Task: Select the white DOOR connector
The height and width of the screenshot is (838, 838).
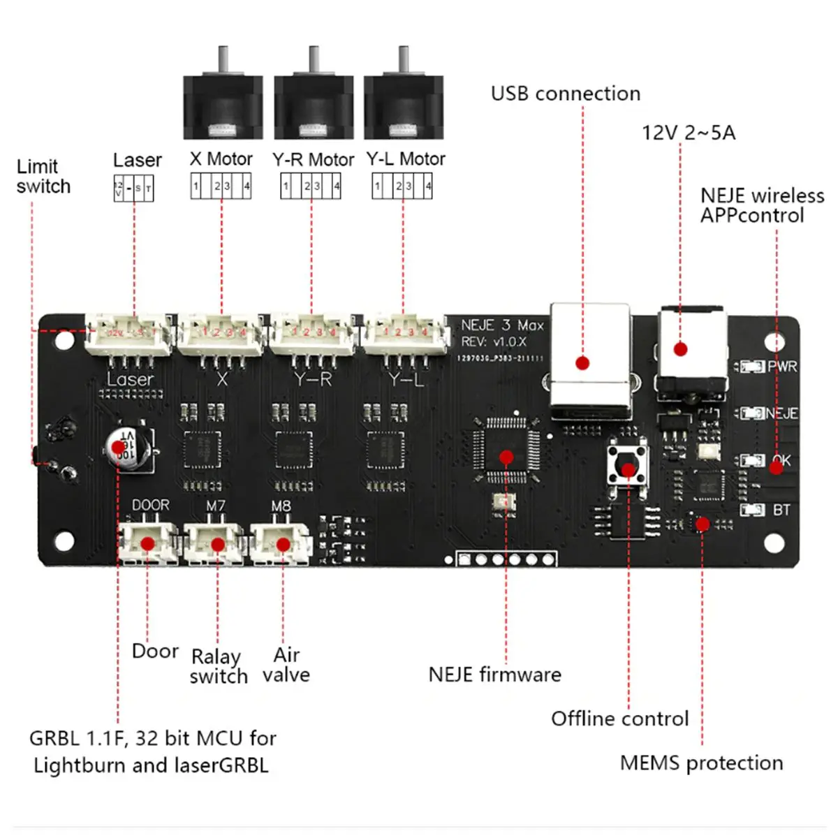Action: pos(147,543)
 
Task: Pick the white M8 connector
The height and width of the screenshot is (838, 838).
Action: pos(281,543)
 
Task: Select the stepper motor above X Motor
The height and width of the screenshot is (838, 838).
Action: pos(223,105)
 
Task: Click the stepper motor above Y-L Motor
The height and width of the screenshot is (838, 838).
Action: pos(403,105)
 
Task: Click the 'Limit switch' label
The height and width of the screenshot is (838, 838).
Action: pos(43,177)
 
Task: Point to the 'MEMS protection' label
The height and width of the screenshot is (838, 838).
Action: pos(701,763)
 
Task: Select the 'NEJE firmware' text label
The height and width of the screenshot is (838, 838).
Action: pos(494,675)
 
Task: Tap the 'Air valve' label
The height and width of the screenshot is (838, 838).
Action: pos(286,665)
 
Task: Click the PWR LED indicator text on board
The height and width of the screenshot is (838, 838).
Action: pos(781,367)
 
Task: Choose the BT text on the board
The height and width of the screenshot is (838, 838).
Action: pos(781,510)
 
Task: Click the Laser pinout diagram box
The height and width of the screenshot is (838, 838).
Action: pos(133,189)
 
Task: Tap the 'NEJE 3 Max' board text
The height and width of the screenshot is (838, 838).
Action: pos(502,325)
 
